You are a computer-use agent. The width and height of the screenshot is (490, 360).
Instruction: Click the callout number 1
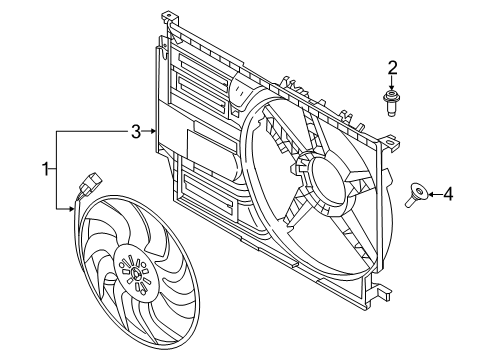click(x=44, y=169)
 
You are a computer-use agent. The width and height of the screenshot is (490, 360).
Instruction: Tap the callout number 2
click(x=393, y=68)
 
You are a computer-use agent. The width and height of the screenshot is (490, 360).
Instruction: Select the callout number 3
click(x=135, y=130)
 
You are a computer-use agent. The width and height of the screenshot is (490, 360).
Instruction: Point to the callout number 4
click(x=448, y=194)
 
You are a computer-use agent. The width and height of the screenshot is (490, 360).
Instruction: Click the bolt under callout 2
click(x=392, y=102)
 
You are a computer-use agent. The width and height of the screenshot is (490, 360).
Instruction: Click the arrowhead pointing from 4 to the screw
click(x=429, y=194)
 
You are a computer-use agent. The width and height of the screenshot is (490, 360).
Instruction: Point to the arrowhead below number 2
click(x=393, y=87)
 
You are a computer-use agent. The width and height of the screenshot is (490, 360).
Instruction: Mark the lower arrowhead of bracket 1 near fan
click(x=72, y=208)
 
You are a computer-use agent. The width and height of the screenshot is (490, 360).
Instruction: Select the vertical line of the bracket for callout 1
click(x=58, y=170)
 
